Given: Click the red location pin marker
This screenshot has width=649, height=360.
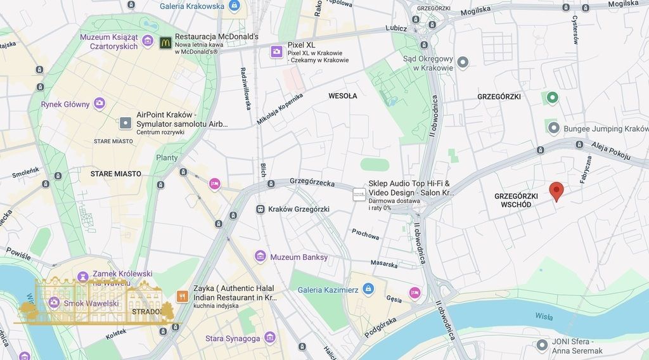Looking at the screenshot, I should pyautogui.click(x=556, y=191).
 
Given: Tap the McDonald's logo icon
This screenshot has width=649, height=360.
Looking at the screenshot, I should pyautogui.click(x=165, y=42).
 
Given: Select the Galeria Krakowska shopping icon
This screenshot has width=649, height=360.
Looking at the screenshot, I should pyautogui.click(x=235, y=6).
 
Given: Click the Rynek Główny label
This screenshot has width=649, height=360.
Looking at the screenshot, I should pyautogui.click(x=65, y=104).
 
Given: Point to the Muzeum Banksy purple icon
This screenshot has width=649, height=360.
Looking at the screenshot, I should pyautogui.click(x=260, y=257).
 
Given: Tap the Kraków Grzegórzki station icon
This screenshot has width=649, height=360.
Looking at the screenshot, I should pyautogui.click(x=260, y=209).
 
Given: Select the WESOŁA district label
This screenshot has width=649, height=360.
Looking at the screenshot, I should pyautogui.click(x=343, y=96).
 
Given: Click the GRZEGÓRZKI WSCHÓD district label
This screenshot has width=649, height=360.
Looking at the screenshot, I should pyautogui.click(x=516, y=200).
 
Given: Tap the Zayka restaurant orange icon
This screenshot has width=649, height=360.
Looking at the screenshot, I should pyautogui.click(x=182, y=296).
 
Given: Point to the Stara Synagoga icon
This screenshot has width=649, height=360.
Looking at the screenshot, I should pyautogui.click(x=270, y=338).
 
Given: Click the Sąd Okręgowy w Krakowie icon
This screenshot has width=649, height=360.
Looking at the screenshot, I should pyautogui.click(x=463, y=62).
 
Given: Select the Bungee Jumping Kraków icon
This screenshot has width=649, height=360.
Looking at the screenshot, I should pyautogui.click(x=553, y=129).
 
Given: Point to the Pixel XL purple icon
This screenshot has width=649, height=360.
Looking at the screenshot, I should pyautogui.click(x=276, y=51).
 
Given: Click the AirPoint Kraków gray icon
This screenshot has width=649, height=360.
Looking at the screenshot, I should pyautogui.click(x=125, y=122).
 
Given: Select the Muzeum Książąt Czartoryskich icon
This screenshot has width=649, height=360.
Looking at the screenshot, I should pyautogui.click(x=148, y=41).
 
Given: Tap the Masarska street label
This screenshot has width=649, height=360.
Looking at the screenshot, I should pyautogui.click(x=385, y=263).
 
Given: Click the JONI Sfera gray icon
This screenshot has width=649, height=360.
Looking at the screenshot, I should pyautogui.click(x=541, y=345).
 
